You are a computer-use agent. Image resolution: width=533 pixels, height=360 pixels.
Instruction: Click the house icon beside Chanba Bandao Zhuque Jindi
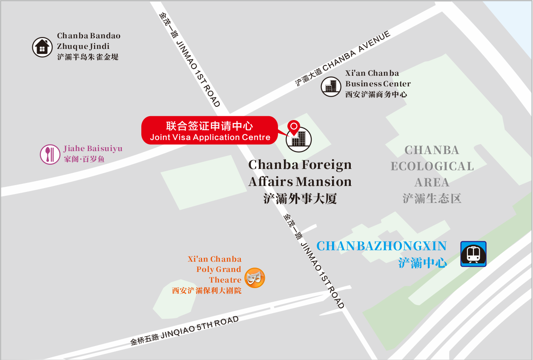coord(42,47)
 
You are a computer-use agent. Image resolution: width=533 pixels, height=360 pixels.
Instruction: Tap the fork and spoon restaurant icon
coord(50,154)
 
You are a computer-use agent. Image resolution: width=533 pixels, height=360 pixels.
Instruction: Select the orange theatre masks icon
coord(255,278)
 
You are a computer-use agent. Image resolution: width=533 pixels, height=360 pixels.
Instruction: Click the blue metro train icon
coord(473,254)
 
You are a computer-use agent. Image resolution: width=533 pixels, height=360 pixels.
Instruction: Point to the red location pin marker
coord(294,126)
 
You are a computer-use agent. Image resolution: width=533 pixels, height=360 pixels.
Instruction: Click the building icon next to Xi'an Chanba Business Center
coord(331,86)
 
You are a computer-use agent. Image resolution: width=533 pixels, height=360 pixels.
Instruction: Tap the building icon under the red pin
coord(299,139)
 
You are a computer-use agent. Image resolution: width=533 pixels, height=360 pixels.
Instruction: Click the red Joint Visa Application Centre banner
coord(209,131)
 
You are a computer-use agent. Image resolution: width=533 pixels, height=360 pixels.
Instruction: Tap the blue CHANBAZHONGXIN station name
coord(381,246)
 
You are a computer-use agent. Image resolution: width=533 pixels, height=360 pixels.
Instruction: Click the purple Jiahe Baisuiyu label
coord(93,149)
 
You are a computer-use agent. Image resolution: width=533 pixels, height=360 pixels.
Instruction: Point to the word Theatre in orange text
coord(225,280)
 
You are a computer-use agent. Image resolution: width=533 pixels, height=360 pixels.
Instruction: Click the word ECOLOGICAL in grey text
coord(432,166)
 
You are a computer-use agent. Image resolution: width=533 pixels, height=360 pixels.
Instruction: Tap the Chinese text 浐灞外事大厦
coord(300,199)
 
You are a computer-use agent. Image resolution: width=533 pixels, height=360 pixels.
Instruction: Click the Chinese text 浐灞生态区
coord(432,198)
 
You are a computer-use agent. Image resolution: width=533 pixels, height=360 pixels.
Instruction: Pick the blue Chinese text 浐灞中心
coord(422,263)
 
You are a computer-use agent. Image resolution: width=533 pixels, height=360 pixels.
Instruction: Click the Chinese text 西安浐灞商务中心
coord(376,94)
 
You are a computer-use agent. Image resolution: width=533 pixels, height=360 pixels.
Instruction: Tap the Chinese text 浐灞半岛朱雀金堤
coord(88,57)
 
